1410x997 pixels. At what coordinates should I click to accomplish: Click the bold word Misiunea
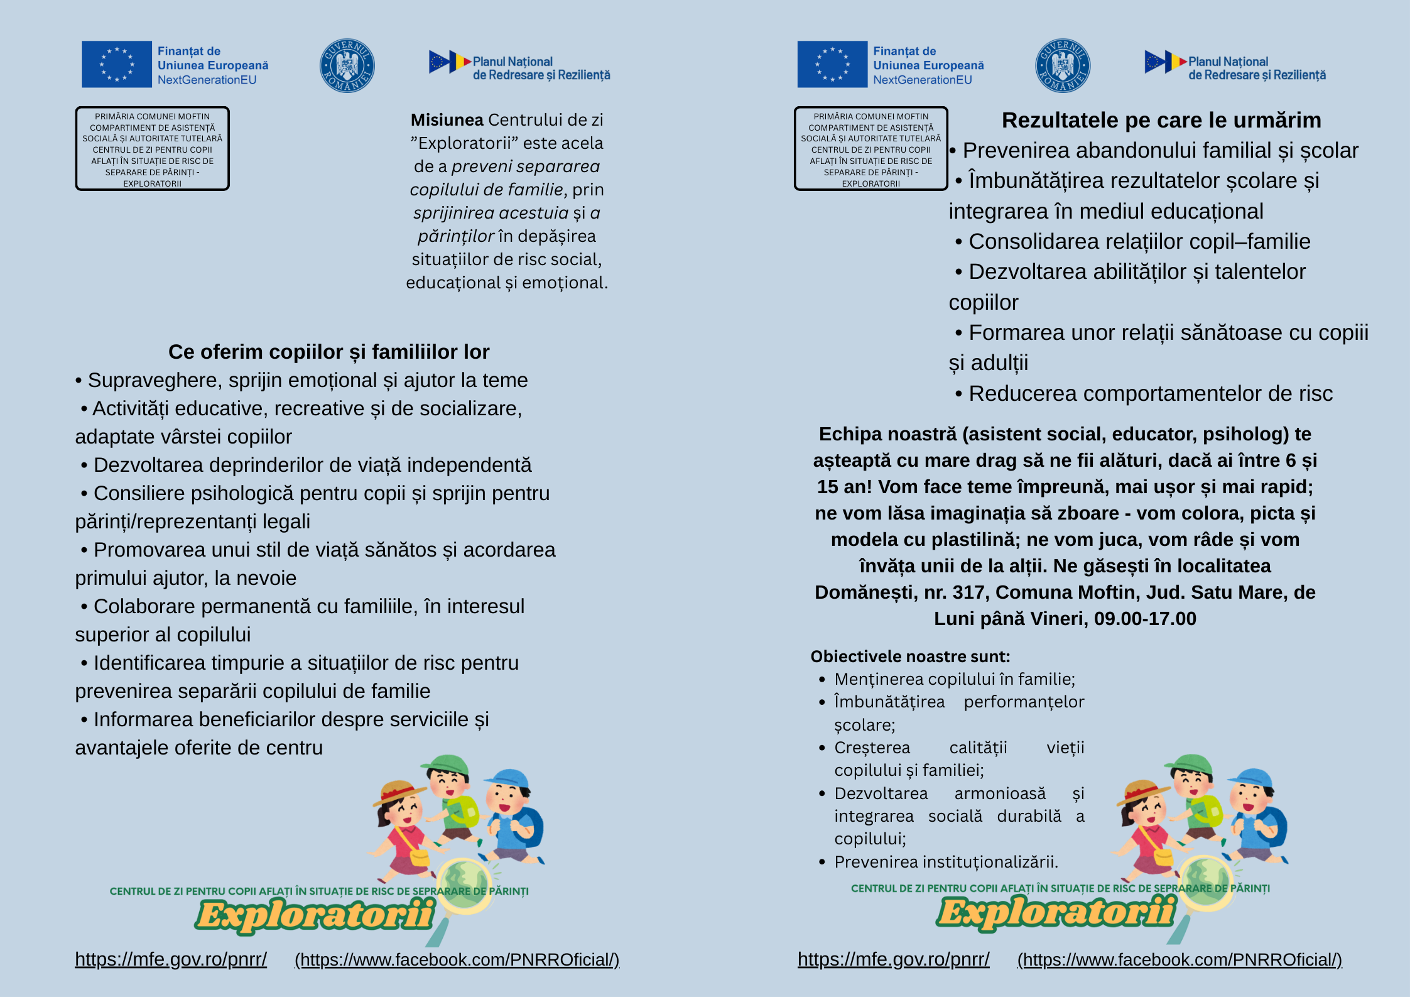pyautogui.click(x=447, y=120)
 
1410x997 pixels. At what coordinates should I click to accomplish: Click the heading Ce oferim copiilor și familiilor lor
pyautogui.click(x=328, y=352)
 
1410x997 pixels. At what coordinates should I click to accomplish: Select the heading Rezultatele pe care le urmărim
pyautogui.click(x=1161, y=120)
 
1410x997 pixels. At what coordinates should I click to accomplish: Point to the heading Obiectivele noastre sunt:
pyautogui.click(x=910, y=656)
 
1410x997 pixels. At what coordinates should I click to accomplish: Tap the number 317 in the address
pyautogui.click(x=967, y=592)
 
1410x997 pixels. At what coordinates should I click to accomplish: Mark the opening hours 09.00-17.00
pyautogui.click(x=1145, y=619)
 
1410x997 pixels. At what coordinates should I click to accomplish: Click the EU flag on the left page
pyautogui.click(x=117, y=64)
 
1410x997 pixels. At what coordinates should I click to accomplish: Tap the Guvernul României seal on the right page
pyautogui.click(x=1063, y=65)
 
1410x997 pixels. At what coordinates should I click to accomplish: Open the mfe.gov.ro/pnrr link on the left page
pyautogui.click(x=171, y=959)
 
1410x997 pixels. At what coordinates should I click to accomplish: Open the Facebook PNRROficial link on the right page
pyautogui.click(x=1180, y=960)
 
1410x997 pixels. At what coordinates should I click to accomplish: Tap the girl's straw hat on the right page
pyautogui.click(x=1140, y=791)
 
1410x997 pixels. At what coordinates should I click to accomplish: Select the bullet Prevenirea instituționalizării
pyautogui.click(x=946, y=862)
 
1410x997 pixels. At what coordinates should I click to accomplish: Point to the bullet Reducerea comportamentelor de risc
pyautogui.click(x=1150, y=394)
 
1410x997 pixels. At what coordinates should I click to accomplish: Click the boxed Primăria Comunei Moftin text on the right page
pyautogui.click(x=870, y=149)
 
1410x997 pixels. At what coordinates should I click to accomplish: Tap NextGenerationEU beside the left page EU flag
pyautogui.click(x=207, y=80)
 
